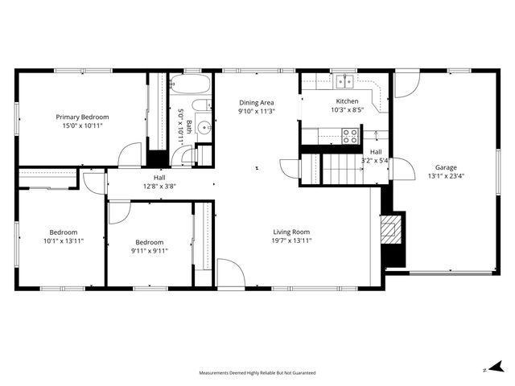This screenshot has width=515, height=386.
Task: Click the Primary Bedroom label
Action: tap(83, 117)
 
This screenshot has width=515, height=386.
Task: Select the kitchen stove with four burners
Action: tap(350, 136)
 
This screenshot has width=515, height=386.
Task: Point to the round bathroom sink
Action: tap(204, 126)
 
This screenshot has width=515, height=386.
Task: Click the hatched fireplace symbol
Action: tap(390, 231)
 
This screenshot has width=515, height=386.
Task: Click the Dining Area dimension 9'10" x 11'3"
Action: tap(257, 112)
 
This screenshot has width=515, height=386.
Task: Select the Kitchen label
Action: tap(347, 101)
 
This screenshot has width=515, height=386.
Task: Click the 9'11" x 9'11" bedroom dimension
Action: tap(149, 251)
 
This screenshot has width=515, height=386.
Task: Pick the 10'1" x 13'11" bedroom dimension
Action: tap(64, 240)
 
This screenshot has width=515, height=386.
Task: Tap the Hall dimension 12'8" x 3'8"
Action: tap(159, 187)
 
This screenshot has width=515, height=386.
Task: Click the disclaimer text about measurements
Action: tap(257, 373)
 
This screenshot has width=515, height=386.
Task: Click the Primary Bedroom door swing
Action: tap(129, 156)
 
